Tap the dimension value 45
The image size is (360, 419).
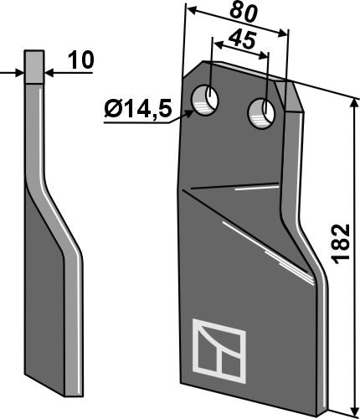tap(240, 40)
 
